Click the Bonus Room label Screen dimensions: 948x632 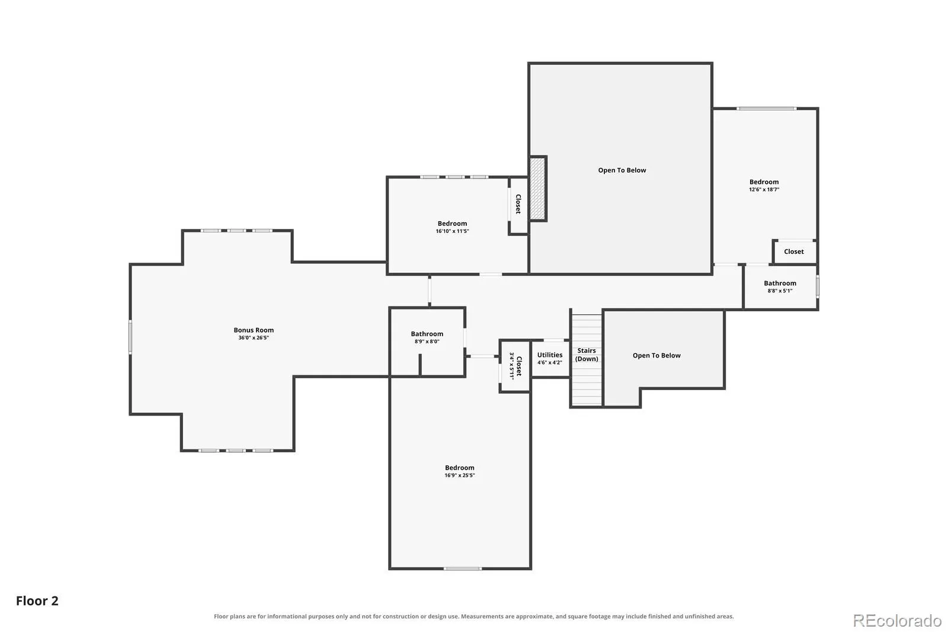254,330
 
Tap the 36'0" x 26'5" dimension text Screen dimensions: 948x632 254,337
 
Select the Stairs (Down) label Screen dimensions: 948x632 587,355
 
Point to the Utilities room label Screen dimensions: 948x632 550,355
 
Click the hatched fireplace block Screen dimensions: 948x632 537,189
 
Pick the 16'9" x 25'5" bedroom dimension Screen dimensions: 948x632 460,475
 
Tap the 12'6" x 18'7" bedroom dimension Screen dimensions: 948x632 764,189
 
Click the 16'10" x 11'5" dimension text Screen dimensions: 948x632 453,231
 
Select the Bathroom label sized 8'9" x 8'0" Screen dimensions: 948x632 427,334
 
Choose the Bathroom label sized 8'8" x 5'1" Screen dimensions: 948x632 780,283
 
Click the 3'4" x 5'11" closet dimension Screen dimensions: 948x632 512,366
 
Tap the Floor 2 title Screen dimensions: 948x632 37,601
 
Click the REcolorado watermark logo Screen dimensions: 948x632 897,621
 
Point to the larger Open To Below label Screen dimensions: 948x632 622,170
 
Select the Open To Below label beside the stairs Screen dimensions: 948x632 657,355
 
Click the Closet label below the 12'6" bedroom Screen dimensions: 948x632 794,251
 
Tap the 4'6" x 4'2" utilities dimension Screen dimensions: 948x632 550,363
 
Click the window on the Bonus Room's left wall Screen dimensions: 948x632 130,337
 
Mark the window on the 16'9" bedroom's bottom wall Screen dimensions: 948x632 463,569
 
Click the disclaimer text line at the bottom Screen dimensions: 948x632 473,617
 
